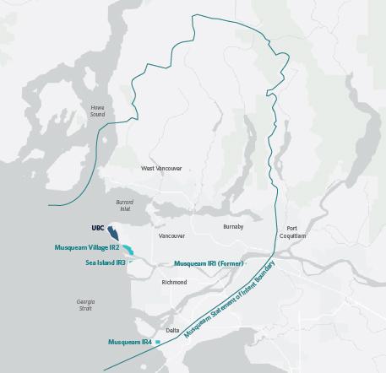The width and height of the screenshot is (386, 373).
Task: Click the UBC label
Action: [x=97, y=228]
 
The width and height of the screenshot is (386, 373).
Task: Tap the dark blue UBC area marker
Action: [x=113, y=233]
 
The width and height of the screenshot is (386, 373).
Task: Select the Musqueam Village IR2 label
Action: [x=87, y=248]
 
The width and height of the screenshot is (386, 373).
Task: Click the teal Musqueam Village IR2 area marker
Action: [x=129, y=249]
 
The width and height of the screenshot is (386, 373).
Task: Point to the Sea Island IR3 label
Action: [x=106, y=262]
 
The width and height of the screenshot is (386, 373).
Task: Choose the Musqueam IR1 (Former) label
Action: [x=208, y=264]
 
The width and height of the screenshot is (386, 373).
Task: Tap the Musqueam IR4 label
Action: [x=129, y=342]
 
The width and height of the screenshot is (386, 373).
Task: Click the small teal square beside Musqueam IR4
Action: [x=157, y=342]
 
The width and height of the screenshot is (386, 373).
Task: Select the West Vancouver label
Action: [x=161, y=169]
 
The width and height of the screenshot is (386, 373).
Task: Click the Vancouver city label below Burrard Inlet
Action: [x=171, y=236]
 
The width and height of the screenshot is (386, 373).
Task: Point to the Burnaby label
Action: [x=233, y=227]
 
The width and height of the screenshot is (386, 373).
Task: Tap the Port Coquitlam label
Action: [x=292, y=232]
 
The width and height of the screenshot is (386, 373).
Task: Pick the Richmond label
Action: [x=173, y=282]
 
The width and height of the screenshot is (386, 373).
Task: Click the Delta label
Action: [x=172, y=330]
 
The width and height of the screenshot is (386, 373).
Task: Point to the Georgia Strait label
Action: [x=85, y=305]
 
